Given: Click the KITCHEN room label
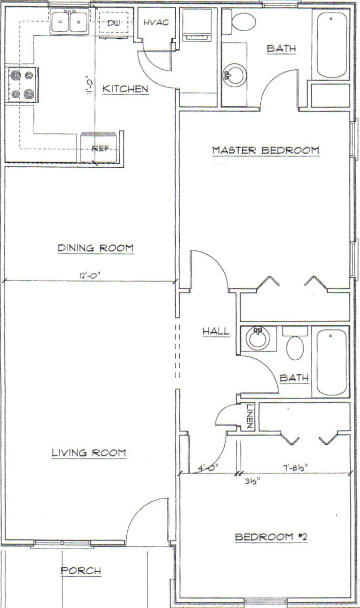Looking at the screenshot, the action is tap(125, 89).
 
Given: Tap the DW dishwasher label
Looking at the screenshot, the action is tap(113, 23).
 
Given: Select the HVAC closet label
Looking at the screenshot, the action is tap(156, 22).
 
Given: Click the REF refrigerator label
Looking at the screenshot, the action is tap(100, 149).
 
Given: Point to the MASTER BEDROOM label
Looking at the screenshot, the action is tap(265, 150).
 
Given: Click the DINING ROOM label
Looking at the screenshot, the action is tap(96, 248).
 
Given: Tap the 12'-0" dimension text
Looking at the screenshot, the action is tap(90, 276).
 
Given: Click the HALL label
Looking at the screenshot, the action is tap(216, 331).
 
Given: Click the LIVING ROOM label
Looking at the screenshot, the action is tap(89, 452).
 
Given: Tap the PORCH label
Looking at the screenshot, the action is tap(81, 570).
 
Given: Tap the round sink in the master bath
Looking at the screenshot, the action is tap(235, 75).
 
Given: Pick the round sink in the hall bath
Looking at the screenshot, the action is tap(258, 338).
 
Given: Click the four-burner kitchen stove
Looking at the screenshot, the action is tap(22, 85).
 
